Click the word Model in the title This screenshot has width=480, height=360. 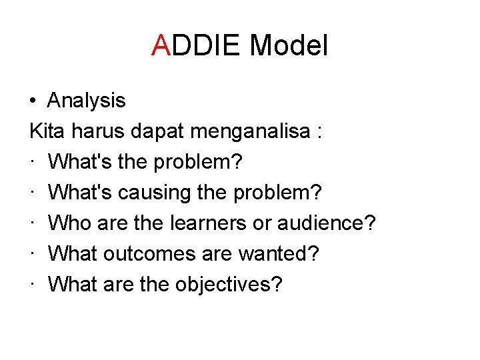(x=289, y=46)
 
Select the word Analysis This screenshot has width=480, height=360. (x=86, y=101)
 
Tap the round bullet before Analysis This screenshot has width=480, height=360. (x=33, y=101)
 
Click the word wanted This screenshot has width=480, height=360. (x=287, y=254)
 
